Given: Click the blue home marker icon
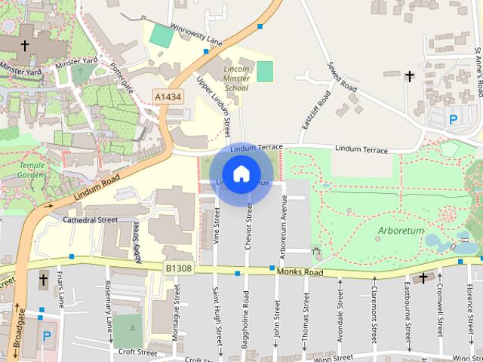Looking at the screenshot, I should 241,174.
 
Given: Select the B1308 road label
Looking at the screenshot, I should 178,267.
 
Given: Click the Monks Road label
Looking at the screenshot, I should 300,271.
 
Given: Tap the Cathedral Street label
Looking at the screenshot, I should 91,220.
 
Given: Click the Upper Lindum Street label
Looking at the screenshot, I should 213,106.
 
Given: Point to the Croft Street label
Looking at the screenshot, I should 137,351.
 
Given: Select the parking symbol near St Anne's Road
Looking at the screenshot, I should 454,119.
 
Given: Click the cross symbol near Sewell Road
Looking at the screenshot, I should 410,76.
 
